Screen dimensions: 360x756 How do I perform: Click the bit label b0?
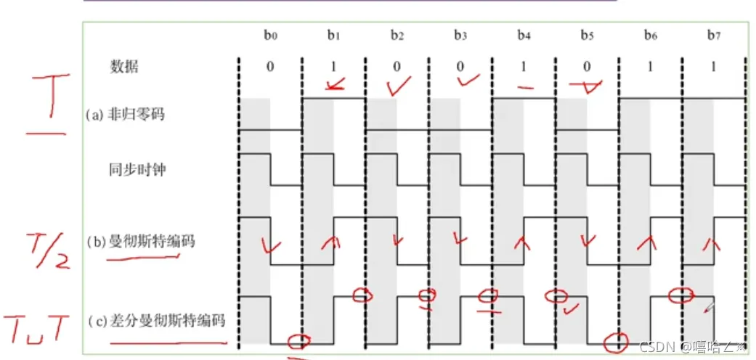[269, 35]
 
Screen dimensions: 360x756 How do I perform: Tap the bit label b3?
[460, 35]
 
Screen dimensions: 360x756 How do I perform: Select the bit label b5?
[588, 35]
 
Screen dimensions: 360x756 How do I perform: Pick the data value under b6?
[651, 67]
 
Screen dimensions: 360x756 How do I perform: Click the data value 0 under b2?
[397, 67]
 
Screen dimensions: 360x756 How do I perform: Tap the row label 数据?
[123, 67]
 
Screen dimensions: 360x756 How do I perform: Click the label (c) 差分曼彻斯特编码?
[155, 320]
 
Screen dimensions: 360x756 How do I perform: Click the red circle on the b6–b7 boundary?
[680, 295]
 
